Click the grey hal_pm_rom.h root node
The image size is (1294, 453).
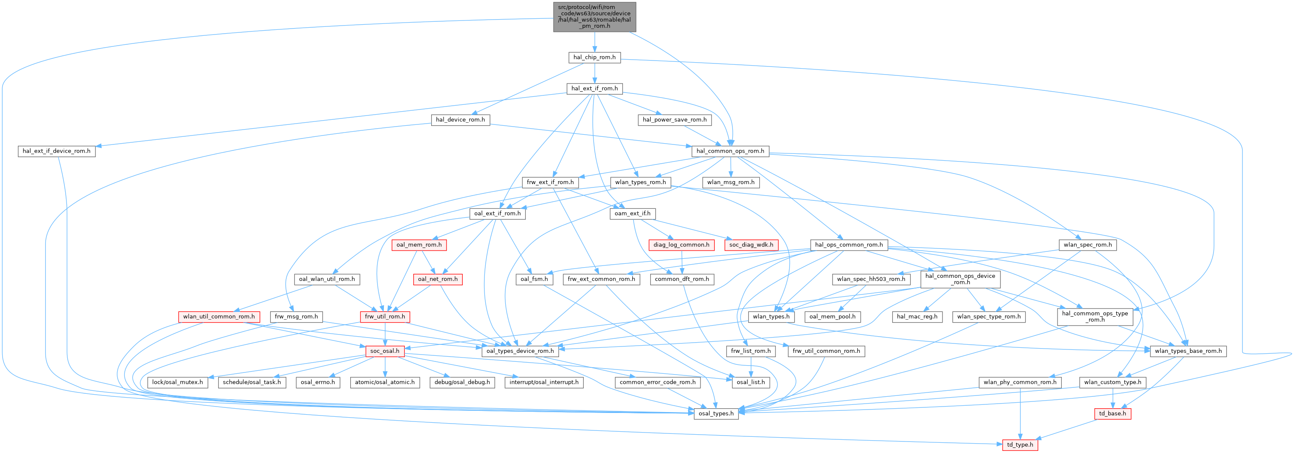[x=594, y=17]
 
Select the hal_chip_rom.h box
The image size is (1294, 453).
[x=594, y=57]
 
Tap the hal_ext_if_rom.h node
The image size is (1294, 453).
[x=594, y=88]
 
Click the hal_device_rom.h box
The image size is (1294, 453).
[x=460, y=119]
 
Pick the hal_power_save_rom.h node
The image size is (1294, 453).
[x=674, y=119]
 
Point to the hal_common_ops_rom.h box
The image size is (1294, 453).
[x=730, y=151]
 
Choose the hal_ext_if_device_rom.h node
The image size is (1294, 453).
[x=56, y=151]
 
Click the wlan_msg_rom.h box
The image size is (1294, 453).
[x=730, y=182]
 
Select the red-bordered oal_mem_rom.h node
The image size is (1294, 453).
[x=419, y=245]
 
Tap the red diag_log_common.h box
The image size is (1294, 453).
[x=681, y=245]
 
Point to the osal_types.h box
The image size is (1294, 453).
[x=716, y=414]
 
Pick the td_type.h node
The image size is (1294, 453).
[x=1020, y=445]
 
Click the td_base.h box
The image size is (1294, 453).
[x=1112, y=414]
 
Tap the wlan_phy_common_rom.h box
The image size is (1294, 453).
[x=1020, y=382]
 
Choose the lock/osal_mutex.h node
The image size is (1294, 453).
[x=177, y=382]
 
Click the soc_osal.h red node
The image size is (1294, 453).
[x=384, y=351]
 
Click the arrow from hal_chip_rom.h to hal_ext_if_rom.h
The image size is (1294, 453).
[x=594, y=73]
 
